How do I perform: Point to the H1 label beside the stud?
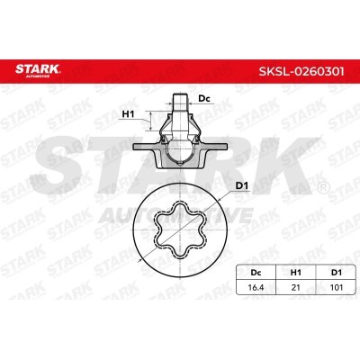[x=129, y=114]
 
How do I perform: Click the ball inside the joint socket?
[x=179, y=134]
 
